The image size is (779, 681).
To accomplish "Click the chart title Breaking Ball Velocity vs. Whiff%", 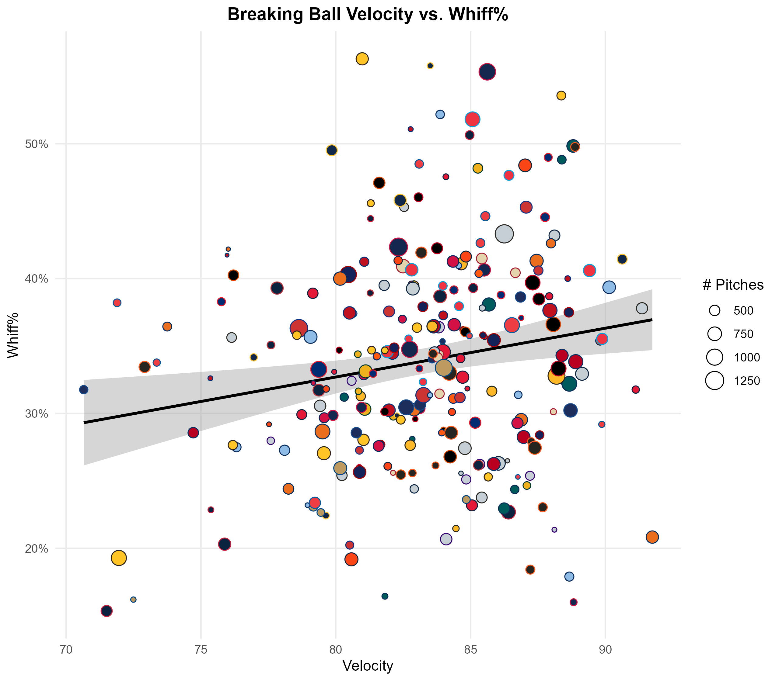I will [368, 15].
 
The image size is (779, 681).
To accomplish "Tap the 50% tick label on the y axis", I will [37, 144].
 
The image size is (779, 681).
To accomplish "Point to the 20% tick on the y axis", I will [37, 549].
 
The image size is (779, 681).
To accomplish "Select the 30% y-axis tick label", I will [37, 414].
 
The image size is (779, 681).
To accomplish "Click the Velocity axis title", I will [368, 666].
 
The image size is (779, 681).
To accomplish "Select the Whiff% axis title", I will [13, 335].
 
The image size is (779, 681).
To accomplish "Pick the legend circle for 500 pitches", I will [715, 310].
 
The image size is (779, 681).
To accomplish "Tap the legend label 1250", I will [747, 381].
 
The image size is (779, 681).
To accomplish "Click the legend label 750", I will [743, 334].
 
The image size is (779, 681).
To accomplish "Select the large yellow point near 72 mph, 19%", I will [119, 558].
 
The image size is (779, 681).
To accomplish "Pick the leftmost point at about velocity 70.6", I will [84, 389].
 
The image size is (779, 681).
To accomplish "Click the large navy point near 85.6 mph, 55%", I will [487, 72].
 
